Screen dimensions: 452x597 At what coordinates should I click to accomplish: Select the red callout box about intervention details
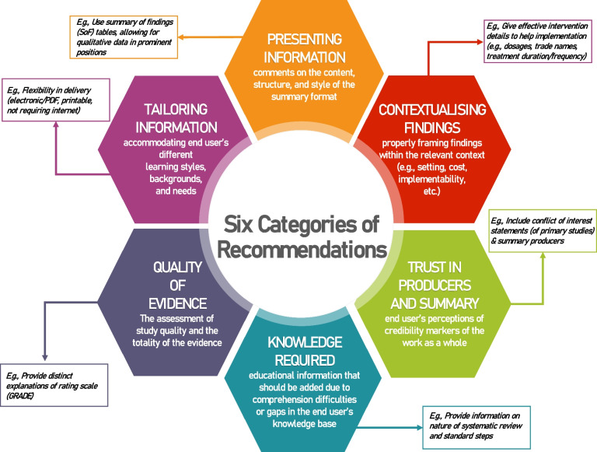533,44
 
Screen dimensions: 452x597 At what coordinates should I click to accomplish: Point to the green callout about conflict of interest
543,230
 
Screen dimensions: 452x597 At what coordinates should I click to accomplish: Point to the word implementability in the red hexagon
433,178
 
